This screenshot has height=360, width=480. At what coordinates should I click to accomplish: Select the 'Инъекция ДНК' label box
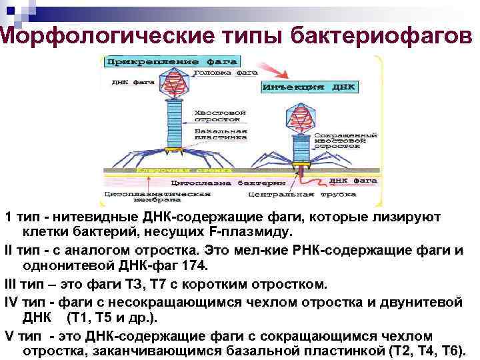tap(310, 87)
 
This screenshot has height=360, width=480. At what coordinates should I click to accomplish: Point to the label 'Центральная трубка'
tap(280, 195)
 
